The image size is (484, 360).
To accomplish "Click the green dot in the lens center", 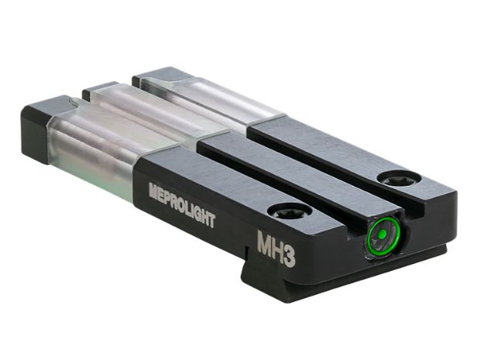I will point(380,234).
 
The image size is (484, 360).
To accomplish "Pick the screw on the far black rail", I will point(393,179).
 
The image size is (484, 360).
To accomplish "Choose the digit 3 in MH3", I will point(288,257).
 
